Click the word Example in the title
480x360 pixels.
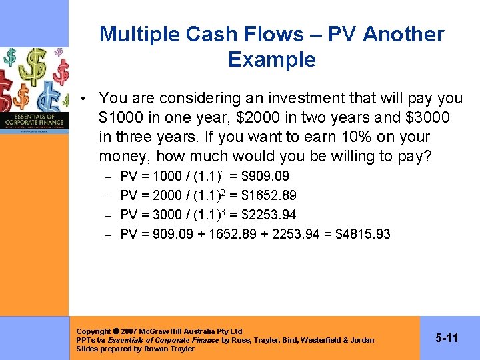(271, 60)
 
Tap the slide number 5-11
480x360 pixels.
(447, 339)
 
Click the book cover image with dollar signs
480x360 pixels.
(35, 90)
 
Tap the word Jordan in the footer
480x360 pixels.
(363, 340)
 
